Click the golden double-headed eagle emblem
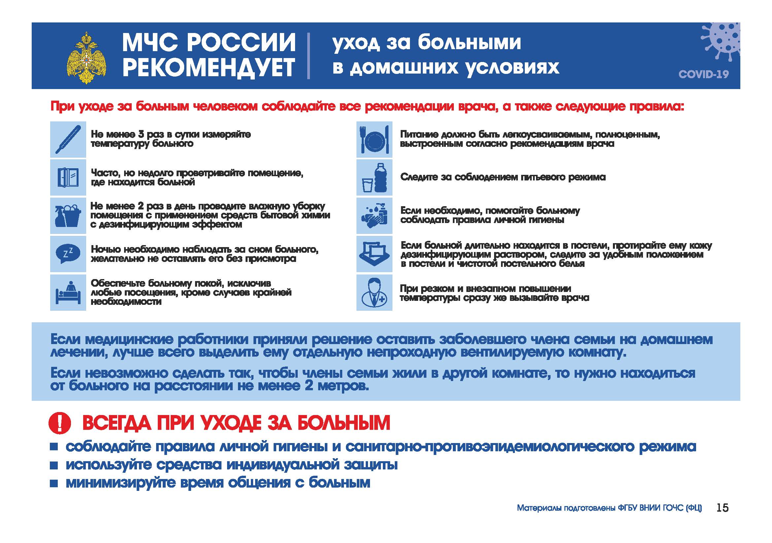(x=86, y=58)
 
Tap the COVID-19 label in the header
(x=703, y=74)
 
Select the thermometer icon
(x=68, y=140)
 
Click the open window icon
(x=68, y=177)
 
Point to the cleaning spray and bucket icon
(x=68, y=216)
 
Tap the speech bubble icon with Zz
(x=68, y=254)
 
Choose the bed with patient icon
(x=68, y=292)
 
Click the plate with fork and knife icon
(x=374, y=140)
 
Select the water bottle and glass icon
(x=374, y=177)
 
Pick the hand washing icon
(x=374, y=216)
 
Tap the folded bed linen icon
(x=374, y=254)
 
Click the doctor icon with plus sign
(x=374, y=292)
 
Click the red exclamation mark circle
(x=60, y=423)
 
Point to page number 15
(x=722, y=507)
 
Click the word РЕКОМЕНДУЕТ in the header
(x=209, y=68)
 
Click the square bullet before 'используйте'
(x=54, y=465)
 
